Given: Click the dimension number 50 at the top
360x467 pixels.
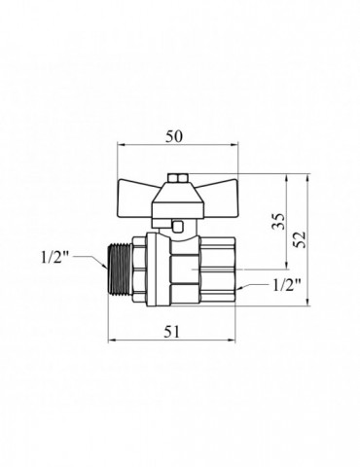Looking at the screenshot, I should (175, 136).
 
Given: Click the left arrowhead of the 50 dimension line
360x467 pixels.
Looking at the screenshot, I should (120, 149).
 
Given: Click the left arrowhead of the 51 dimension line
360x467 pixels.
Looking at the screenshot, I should (110, 341).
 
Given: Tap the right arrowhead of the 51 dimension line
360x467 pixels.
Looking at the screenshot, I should (237, 341).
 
